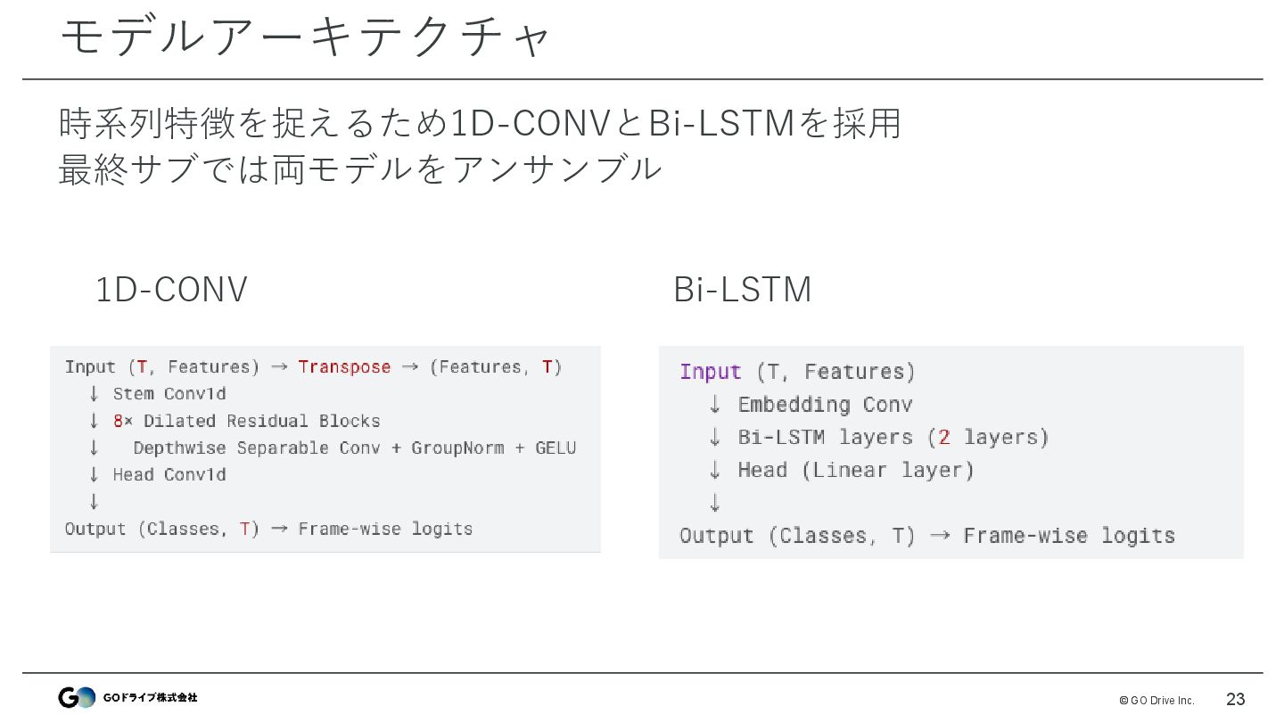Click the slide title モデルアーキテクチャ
pos(306,37)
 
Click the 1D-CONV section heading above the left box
pos(170,290)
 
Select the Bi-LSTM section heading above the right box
pos(742,290)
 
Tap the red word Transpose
pos(344,367)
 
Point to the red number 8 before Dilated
pos(118,421)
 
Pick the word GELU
pos(556,448)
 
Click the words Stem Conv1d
pos(169,394)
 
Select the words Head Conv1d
pos(169,474)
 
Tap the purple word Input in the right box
pos(711,372)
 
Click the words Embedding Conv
pos(825,405)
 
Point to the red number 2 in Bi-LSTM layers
pos(944,438)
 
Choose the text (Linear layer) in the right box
pos(887,471)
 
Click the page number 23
pos(1235,699)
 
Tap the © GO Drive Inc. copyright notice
pos(1156,700)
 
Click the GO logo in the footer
pos(77,697)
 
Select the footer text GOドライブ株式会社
pos(150,697)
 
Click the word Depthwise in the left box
pos(179,448)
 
